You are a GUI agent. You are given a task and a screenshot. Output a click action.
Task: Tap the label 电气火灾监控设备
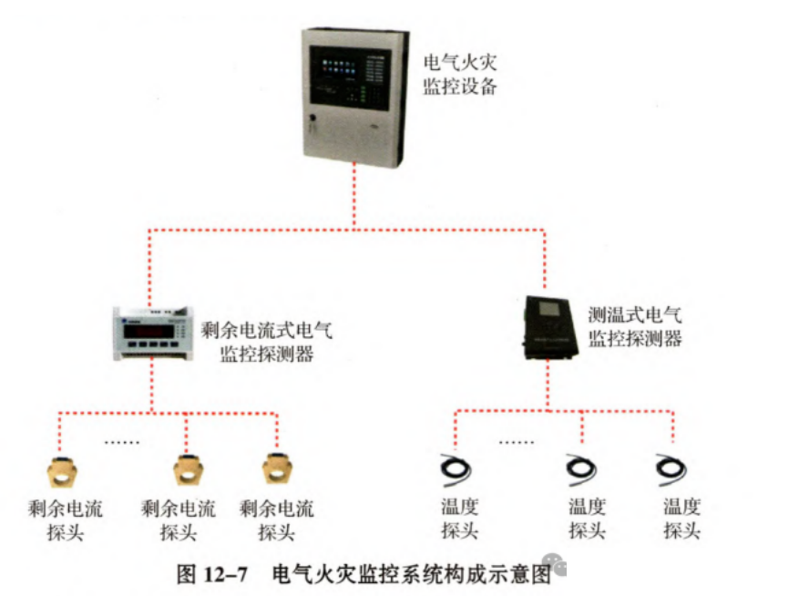coord(461,75)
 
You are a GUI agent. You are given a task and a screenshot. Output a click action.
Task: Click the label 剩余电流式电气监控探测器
coord(266,342)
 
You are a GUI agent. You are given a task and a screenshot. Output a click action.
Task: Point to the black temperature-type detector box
coord(548,328)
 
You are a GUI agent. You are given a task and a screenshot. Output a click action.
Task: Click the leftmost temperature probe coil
coord(454,468)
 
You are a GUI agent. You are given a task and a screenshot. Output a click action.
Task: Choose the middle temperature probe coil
coord(579,468)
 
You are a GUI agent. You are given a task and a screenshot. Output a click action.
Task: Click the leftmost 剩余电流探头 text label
coord(65,519)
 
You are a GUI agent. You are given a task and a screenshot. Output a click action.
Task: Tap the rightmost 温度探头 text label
coord(681,519)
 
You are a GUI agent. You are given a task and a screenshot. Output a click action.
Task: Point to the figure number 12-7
coord(225,574)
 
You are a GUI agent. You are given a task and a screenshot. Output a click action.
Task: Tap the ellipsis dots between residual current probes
coord(123,442)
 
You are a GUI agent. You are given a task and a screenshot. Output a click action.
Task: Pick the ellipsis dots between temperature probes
coord(517,442)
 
